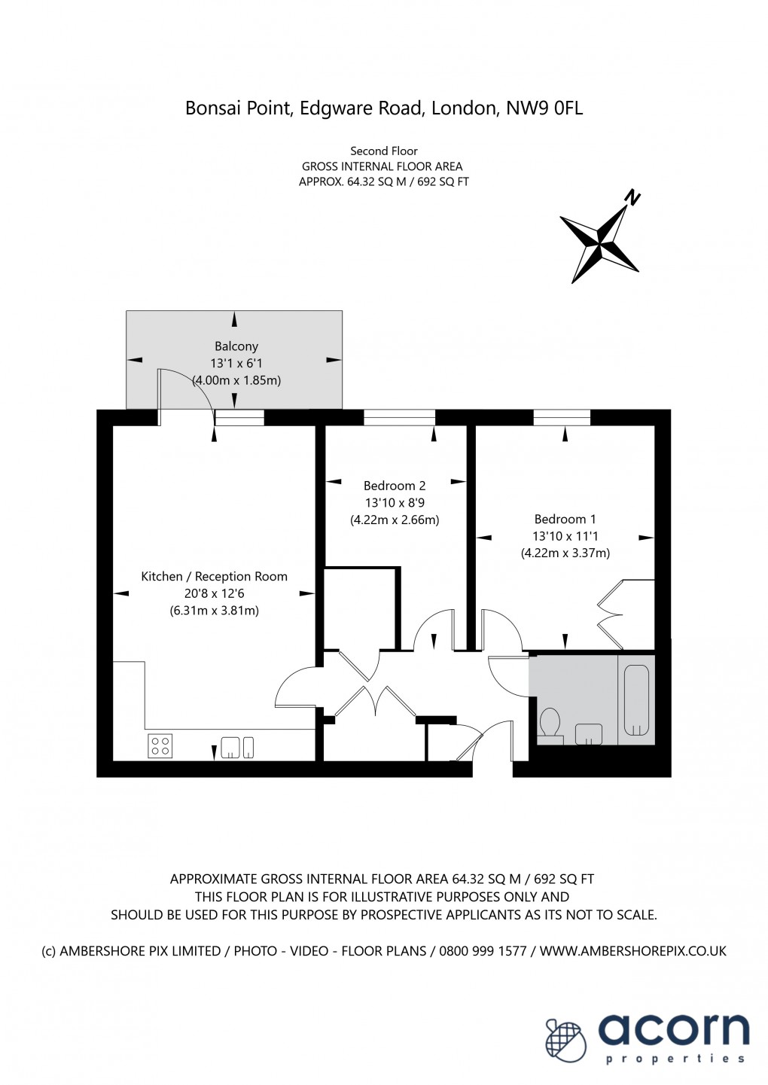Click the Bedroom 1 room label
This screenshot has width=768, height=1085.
point(565,519)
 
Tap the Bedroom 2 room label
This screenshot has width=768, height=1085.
point(395,486)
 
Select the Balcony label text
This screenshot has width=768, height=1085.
point(236,346)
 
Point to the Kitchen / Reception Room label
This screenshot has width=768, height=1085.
point(215,577)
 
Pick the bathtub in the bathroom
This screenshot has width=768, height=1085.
point(636,700)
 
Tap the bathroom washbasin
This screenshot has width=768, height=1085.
point(588,733)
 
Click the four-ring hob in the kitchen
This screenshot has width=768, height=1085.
point(160,745)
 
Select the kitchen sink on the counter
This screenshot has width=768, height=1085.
point(230,747)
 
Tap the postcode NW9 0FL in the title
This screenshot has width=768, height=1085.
point(544,108)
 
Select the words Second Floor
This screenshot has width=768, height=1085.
point(384,151)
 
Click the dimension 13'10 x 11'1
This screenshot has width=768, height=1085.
point(565,536)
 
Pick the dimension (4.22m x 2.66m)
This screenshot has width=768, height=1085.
point(395,520)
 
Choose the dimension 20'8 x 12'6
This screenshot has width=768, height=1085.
point(215,593)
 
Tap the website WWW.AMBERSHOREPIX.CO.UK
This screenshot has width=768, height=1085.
point(633,951)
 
